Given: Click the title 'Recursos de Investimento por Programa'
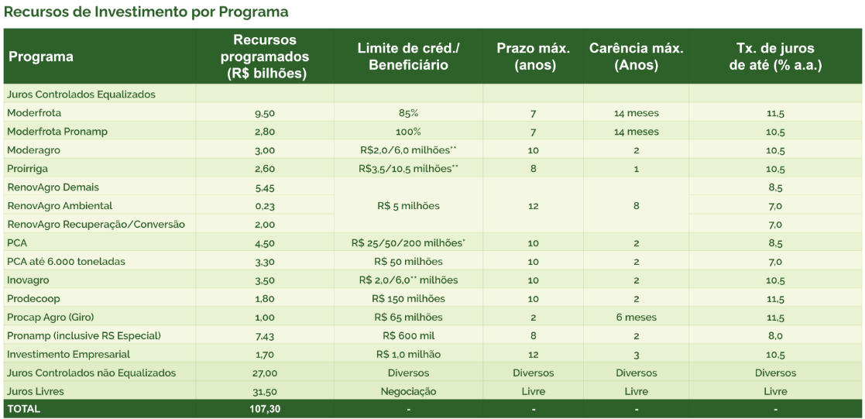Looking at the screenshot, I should coord(146,12).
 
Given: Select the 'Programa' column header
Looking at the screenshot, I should coord(41,57).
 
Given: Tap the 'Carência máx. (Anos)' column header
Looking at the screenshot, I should coord(636,57).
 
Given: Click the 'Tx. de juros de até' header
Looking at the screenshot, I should coord(775,57).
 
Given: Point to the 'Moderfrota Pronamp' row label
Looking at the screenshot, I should coord(57,132).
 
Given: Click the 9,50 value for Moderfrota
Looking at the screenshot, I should coord(264,113).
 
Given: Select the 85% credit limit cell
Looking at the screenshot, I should coord(408,113).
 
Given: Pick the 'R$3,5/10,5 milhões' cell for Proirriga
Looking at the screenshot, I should coord(408,169).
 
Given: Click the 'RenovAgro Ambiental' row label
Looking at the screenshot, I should coord(60,206).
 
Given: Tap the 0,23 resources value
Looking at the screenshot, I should coord(264,206).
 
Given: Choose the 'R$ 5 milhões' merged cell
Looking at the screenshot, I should coord(408,206).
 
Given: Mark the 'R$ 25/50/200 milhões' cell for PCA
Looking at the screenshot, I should coord(408,243).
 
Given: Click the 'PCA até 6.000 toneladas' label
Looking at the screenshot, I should coord(66,262).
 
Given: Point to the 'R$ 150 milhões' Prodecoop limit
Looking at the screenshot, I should coord(408,299).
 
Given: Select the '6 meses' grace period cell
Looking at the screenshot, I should coord(636,318).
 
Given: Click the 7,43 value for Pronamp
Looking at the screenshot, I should coord(264,336).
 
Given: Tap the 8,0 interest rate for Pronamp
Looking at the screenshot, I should coord(775,336).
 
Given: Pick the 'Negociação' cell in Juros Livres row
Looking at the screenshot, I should coord(408,392).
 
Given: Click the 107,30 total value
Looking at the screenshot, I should coord(264,409).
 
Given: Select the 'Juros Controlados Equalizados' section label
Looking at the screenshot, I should coord(81,94).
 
